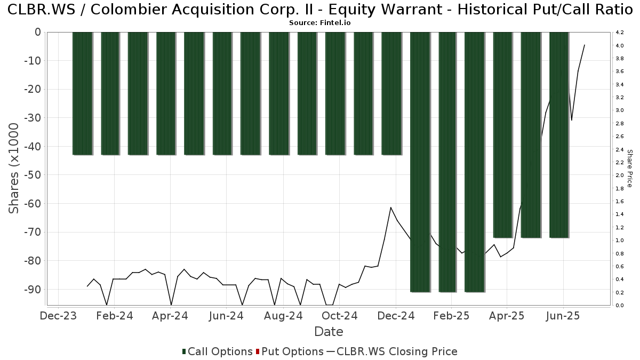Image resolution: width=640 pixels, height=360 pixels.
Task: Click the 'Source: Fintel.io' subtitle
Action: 320,23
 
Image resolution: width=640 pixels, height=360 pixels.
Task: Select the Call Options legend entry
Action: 217,351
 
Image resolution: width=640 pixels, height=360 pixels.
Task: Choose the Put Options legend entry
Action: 290,351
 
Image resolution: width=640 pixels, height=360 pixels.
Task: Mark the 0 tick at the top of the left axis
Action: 37,32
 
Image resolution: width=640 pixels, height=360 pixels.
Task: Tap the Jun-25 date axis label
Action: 563,316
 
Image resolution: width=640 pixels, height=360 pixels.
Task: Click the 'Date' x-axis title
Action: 329,332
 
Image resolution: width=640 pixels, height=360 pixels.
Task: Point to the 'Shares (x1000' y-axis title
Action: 14,168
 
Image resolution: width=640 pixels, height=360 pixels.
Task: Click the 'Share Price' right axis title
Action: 629,168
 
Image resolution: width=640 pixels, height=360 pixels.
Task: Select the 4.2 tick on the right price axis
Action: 620,33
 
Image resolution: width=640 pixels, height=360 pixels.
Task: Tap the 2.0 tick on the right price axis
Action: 620,175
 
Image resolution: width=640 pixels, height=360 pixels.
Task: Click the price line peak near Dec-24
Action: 391,207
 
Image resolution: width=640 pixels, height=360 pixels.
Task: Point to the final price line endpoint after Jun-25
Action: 585,45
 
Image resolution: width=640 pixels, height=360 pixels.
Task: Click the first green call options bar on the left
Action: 83,93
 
